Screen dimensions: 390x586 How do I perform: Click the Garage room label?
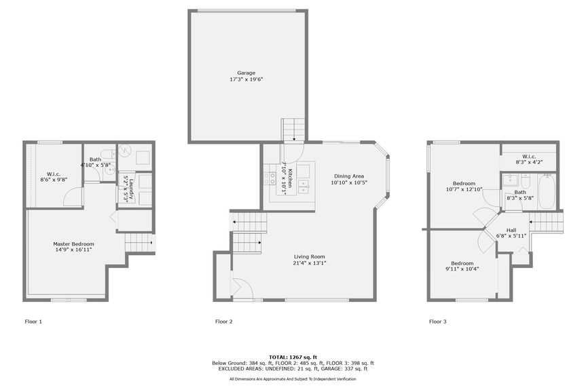tap(246, 73)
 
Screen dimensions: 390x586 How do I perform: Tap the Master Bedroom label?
tap(74, 243)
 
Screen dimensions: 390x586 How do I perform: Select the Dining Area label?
tap(348, 176)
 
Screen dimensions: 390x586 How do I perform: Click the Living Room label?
tap(309, 256)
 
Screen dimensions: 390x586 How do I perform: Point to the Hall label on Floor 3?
tap(511, 229)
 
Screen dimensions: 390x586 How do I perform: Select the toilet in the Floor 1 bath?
tap(105, 153)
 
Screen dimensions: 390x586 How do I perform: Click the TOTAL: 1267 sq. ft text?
tap(293, 357)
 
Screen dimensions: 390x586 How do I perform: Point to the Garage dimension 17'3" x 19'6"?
tap(246, 79)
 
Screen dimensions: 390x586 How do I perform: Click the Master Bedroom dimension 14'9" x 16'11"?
tap(74, 250)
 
